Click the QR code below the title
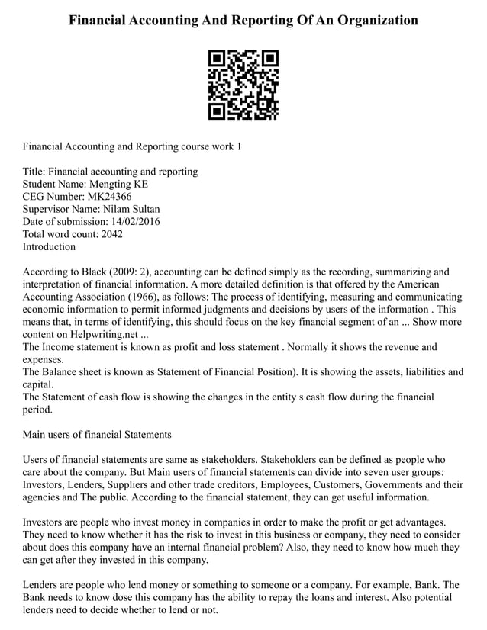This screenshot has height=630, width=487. (243, 85)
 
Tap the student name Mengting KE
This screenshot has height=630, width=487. (120, 184)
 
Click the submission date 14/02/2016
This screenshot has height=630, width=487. (134, 221)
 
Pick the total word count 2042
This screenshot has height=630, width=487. (111, 234)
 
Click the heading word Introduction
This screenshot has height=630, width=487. (50, 246)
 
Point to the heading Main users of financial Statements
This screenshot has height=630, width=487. (97, 434)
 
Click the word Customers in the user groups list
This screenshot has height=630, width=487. (341, 484)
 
